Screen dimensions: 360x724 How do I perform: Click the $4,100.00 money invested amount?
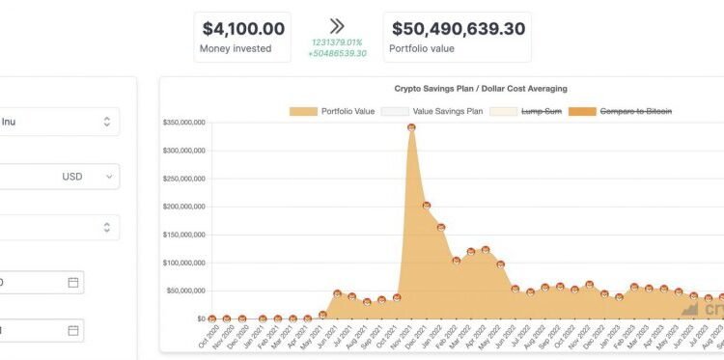click(242, 29)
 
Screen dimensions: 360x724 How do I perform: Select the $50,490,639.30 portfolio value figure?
click(457, 29)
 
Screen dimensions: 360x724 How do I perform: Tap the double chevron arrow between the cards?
click(337, 26)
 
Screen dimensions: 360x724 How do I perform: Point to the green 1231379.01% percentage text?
click(337, 42)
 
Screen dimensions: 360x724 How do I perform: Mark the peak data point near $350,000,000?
click(411, 126)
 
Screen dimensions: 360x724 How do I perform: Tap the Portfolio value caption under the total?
click(421, 48)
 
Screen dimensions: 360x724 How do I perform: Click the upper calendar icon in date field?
click(73, 282)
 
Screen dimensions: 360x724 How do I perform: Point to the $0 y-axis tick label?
click(200, 318)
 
